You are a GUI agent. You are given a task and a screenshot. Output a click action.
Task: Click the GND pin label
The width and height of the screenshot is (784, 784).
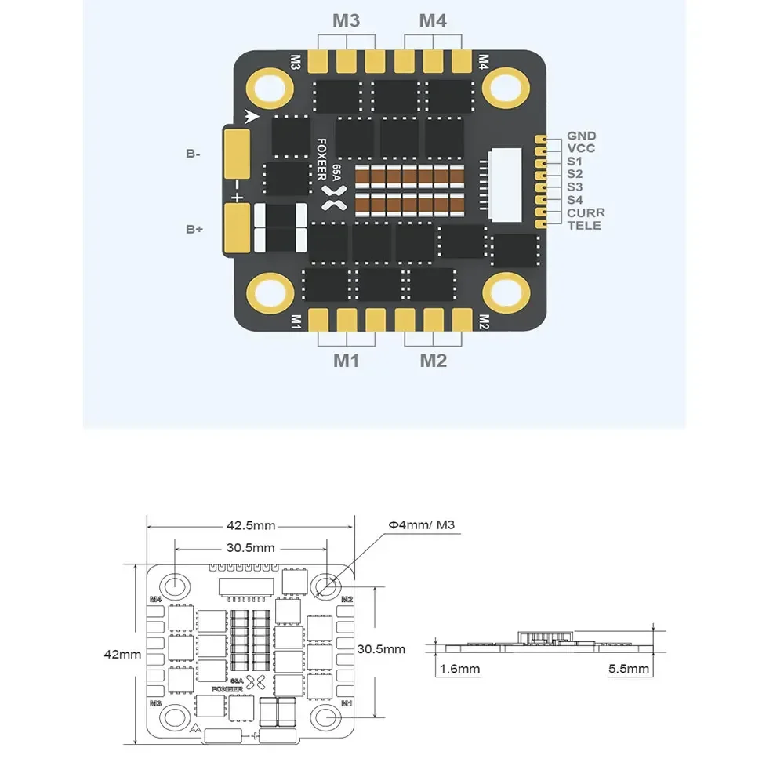581,136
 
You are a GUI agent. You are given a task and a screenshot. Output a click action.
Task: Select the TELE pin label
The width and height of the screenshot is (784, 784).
584,226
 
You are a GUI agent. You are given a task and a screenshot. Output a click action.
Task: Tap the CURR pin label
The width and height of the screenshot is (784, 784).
586,212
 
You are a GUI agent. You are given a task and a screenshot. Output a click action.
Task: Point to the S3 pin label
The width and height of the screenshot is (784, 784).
575,187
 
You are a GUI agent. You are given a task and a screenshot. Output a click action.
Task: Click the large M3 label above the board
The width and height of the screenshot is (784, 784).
346,21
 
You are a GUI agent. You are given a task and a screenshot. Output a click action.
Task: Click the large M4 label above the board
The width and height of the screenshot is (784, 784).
433,21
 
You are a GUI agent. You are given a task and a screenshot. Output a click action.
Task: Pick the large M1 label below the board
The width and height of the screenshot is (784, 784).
346,361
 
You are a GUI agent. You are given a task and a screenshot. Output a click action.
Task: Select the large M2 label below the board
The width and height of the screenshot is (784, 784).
433,361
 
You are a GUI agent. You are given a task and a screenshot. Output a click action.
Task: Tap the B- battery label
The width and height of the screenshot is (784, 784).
193,154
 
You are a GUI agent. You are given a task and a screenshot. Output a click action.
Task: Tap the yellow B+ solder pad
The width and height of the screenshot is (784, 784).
237,227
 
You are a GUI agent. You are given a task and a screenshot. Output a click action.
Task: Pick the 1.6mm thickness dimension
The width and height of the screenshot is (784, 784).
459,669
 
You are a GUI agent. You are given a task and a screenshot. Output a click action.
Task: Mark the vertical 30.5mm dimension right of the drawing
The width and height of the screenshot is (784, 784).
381,648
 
